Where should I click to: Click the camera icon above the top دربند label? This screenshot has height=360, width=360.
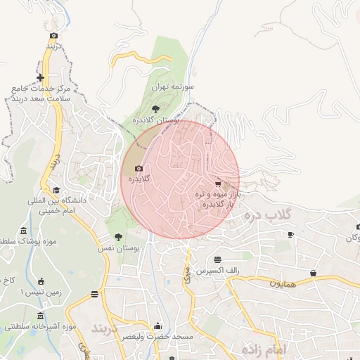coord(53,35)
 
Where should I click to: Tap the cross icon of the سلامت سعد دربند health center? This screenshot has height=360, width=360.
coord(41,77)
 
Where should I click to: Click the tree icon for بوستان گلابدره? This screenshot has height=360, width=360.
coord(155,108)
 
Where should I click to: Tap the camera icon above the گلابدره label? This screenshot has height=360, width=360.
coord(139,168)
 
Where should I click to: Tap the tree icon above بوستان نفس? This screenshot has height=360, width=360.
coord(117,237)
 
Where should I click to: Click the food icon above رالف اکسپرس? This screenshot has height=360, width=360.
coord(217,259)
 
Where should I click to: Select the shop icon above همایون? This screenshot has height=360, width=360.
coord(312,273)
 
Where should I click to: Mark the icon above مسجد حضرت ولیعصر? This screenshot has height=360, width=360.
coord(157,326)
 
